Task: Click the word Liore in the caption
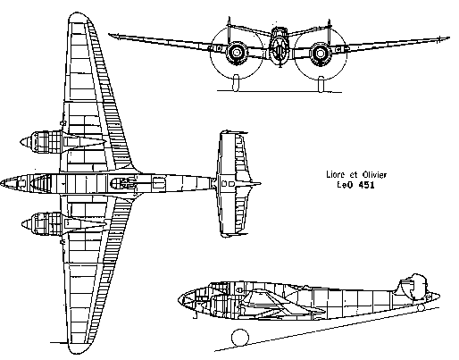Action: (x=336, y=174)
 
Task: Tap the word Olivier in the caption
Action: (x=374, y=174)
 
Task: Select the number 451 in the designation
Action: (x=366, y=185)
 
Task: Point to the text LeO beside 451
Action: (x=345, y=185)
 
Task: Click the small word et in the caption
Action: (x=354, y=175)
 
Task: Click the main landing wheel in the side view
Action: (x=240, y=338)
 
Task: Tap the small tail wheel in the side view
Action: (x=421, y=307)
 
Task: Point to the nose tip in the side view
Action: (x=179, y=299)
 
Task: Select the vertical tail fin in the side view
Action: (x=412, y=285)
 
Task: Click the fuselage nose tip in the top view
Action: (x=1, y=183)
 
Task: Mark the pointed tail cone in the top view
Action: (x=256, y=184)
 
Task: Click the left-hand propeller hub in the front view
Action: (x=237, y=53)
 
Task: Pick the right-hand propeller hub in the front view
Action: (x=321, y=54)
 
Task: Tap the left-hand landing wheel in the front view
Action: (x=236, y=83)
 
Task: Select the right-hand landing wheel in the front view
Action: (x=321, y=84)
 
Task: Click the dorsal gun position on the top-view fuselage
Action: (x=123, y=183)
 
